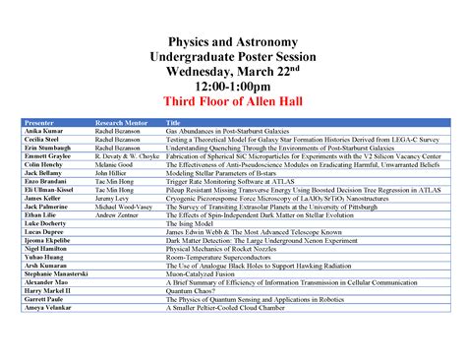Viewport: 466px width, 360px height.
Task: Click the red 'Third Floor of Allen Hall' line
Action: [x=233, y=102]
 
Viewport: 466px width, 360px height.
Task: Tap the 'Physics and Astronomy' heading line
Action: [x=233, y=44]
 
